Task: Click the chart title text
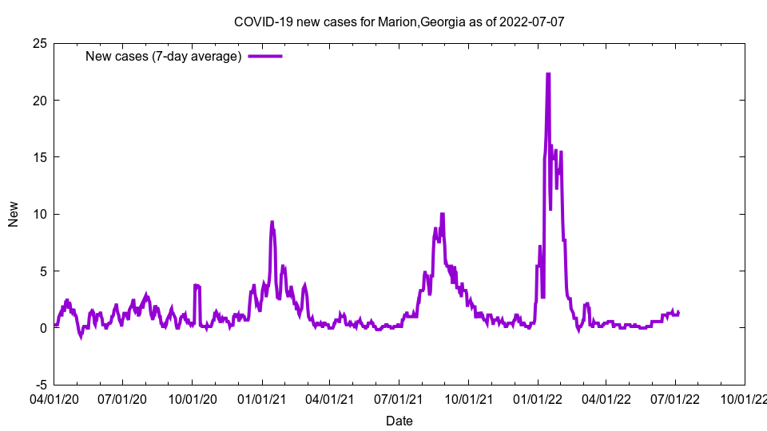(399, 22)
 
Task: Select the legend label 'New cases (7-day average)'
(164, 56)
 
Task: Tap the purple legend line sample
(265, 56)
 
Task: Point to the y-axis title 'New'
(14, 214)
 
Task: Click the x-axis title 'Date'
(399, 421)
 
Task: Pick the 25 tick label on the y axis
(39, 43)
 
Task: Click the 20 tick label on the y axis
(39, 100)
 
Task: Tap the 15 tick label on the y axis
(39, 157)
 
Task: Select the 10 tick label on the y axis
(39, 214)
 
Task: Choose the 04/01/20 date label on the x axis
(54, 397)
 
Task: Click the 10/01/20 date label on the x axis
(193, 397)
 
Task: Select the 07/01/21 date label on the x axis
(399, 397)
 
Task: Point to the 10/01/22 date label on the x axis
(745, 397)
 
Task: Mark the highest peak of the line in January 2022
(548, 74)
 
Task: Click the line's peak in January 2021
(272, 222)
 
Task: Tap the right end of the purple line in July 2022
(679, 312)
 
